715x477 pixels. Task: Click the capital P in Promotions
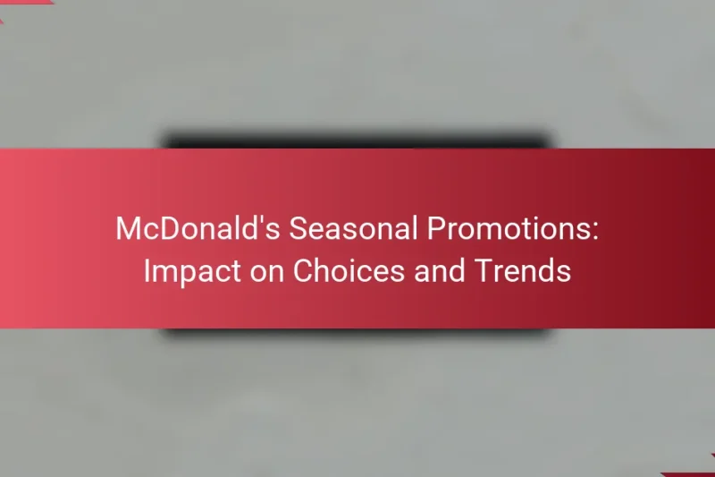433,229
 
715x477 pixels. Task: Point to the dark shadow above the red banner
357,141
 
